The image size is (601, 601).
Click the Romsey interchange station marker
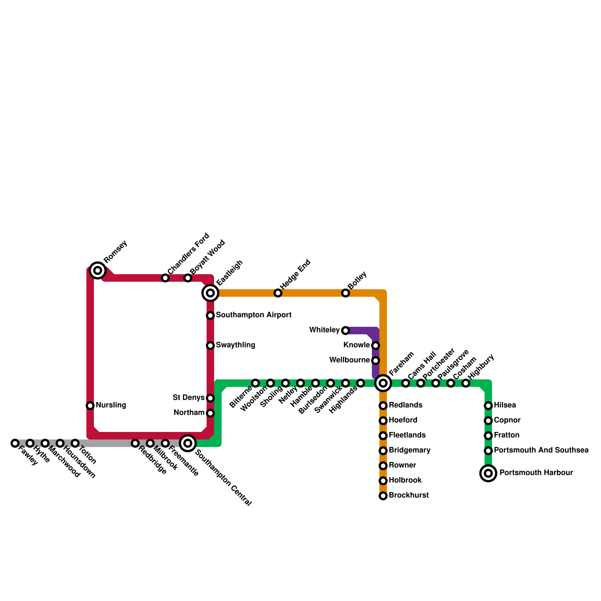(x=98, y=270)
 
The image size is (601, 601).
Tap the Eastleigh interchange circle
(x=210, y=293)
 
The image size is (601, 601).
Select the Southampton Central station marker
(x=188, y=443)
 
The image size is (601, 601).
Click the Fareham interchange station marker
(x=383, y=383)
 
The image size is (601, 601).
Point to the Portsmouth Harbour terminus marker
(x=488, y=473)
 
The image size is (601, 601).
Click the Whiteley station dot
(x=346, y=331)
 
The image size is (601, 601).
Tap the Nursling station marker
(x=90, y=406)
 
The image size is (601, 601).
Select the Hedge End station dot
(x=278, y=293)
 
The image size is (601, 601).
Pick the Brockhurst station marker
(x=383, y=496)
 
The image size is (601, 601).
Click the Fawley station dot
(x=15, y=443)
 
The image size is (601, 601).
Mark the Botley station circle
(x=346, y=293)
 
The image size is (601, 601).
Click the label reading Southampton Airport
(x=254, y=315)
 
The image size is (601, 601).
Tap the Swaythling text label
(x=236, y=345)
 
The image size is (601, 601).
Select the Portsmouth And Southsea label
(x=541, y=450)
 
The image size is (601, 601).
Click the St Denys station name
(x=189, y=397)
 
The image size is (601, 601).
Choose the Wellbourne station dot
(x=376, y=361)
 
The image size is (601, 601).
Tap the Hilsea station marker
(x=488, y=406)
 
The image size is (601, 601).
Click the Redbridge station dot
(x=135, y=443)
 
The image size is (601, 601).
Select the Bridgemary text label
(x=409, y=450)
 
